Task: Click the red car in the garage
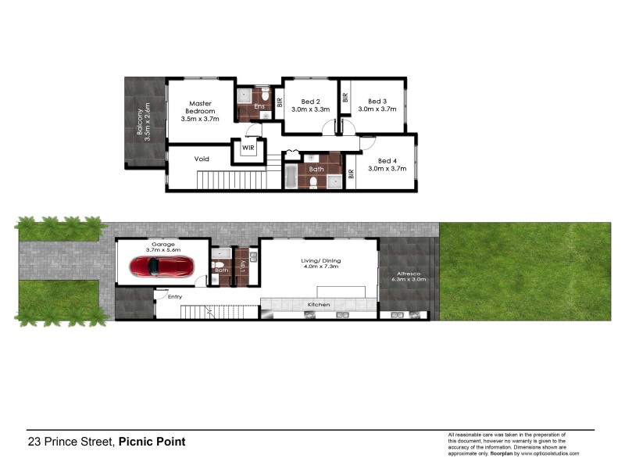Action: pyautogui.click(x=163, y=266)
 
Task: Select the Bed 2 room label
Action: pyautogui.click(x=310, y=105)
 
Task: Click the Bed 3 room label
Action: pyautogui.click(x=377, y=105)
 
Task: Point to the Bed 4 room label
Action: pyautogui.click(x=387, y=163)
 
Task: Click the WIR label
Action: pyautogui.click(x=248, y=147)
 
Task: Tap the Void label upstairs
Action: pyautogui.click(x=202, y=159)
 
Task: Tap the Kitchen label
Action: pyautogui.click(x=319, y=303)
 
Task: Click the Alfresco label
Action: pyautogui.click(x=407, y=274)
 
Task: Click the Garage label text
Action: pyautogui.click(x=163, y=244)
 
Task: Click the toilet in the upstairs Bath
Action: pyautogui.click(x=314, y=183)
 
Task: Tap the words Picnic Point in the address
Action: pyautogui.click(x=152, y=442)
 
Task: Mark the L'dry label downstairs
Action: pyautogui.click(x=244, y=266)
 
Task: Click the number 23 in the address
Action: pyautogui.click(x=34, y=442)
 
